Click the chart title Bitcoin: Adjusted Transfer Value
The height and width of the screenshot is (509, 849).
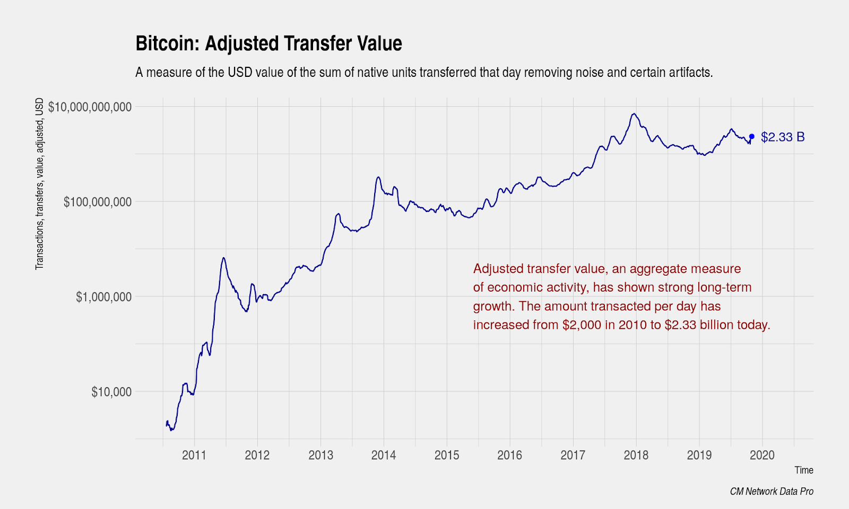(268, 43)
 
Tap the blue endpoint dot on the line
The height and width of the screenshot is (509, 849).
(751, 137)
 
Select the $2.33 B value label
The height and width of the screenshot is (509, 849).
(783, 137)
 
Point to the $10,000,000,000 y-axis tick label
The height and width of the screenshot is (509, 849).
(90, 107)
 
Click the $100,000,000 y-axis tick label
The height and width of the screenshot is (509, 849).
(97, 202)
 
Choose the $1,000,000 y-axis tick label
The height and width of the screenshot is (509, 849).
(103, 297)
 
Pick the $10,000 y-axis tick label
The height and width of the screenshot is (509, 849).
(111, 392)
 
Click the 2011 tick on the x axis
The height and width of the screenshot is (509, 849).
(194, 455)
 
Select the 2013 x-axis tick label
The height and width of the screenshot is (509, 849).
(320, 455)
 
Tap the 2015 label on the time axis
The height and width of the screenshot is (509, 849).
(447, 455)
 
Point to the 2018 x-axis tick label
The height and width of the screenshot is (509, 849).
(636, 455)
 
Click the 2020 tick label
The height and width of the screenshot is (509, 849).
(762, 455)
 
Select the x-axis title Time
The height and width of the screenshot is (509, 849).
(803, 470)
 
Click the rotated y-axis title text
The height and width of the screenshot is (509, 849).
(40, 183)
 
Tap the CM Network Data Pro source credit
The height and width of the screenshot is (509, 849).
(772, 492)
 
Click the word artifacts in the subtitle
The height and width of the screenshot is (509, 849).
(690, 73)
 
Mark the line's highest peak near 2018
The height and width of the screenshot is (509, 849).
(633, 113)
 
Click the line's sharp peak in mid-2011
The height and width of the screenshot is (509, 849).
(224, 258)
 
